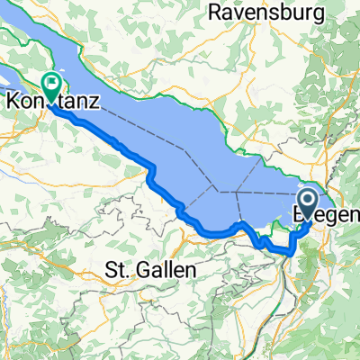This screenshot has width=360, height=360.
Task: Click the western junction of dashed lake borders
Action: (216, 190)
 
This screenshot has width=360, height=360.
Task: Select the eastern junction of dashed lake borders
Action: (236, 192)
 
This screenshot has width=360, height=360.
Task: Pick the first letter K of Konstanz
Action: (13, 103)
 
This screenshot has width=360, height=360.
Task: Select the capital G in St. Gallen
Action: (139, 269)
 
